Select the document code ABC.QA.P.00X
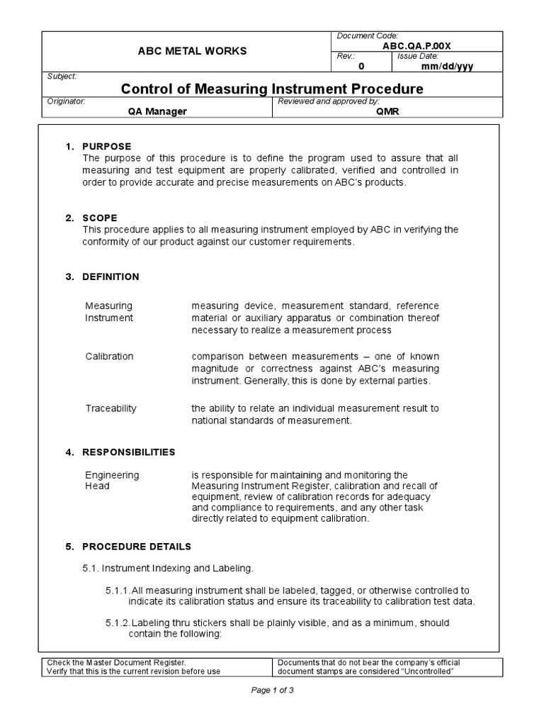[x=416, y=45]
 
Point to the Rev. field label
[x=347, y=56]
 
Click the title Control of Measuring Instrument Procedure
[x=272, y=89]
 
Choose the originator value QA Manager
[x=157, y=111]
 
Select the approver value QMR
[x=387, y=111]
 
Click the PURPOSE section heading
[x=107, y=146]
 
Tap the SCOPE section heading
[x=100, y=218]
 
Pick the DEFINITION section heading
[x=110, y=277]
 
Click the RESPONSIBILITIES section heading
[x=129, y=452]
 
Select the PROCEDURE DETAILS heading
[x=137, y=547]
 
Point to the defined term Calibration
[x=109, y=356]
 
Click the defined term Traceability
[x=110, y=408]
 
